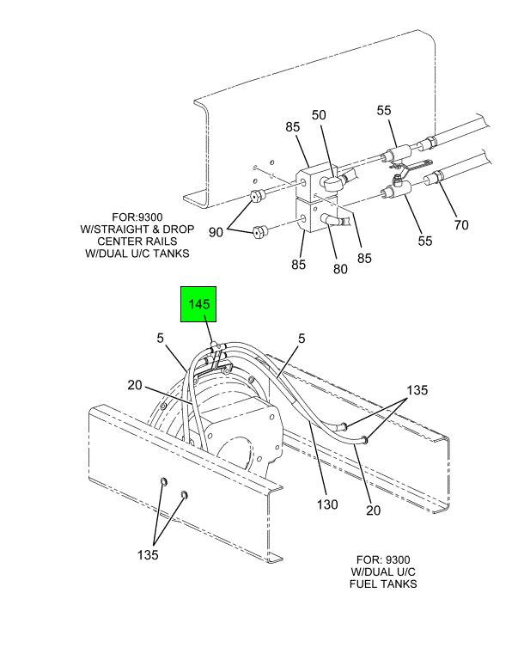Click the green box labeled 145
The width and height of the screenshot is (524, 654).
[199, 304]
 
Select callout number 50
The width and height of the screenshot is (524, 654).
[319, 115]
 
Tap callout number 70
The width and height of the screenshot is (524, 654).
[461, 226]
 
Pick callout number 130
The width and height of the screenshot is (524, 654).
[327, 504]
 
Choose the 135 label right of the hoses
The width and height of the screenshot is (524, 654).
[416, 390]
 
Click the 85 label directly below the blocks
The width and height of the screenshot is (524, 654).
[297, 265]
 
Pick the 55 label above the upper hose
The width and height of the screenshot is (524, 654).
[383, 110]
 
